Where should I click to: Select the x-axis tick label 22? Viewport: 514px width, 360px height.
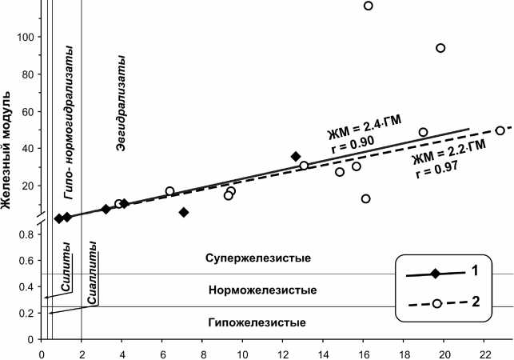click(484, 351)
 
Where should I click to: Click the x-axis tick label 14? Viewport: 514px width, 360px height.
click(323, 351)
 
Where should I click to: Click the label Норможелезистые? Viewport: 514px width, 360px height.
click(261, 290)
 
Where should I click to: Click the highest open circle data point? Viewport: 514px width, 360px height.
click(369, 6)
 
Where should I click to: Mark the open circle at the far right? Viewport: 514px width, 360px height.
click(500, 130)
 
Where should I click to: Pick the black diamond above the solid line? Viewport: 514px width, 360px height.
click(296, 156)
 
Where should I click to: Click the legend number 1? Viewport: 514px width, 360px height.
click(474, 271)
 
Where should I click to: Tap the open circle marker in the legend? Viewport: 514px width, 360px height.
click(436, 303)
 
